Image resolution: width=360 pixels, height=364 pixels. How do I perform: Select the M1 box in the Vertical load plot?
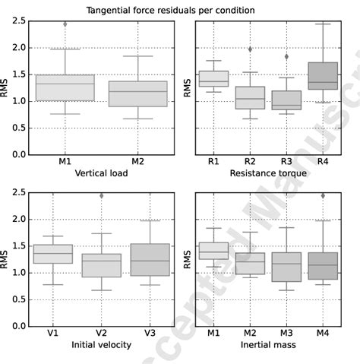click(65, 87)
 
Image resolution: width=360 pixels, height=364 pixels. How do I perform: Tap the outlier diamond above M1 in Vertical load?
click(65, 24)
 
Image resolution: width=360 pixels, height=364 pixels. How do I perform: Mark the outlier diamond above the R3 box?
click(287, 57)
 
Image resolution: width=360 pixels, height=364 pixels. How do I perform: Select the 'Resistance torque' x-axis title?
click(270, 173)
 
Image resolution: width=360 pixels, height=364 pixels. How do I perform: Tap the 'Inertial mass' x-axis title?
click(270, 345)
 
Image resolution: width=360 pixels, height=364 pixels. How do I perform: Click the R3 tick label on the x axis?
click(287, 162)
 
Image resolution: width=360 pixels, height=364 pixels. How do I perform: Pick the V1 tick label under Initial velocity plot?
click(53, 334)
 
